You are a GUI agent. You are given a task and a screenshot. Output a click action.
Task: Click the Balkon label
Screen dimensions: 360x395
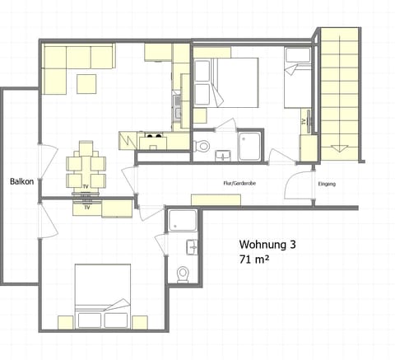21,181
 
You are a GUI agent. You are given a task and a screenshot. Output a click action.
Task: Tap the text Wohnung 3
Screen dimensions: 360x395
267,245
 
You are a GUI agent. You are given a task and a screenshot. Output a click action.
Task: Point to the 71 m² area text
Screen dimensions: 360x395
256,260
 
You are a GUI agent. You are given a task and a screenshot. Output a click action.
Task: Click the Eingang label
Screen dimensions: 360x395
327,184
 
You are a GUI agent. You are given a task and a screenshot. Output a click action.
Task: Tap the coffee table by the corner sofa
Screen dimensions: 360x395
87,83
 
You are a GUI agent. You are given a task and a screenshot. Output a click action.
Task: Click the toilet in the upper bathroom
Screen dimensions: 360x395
202,147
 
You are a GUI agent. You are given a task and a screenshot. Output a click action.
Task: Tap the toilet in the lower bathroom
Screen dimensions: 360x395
184,274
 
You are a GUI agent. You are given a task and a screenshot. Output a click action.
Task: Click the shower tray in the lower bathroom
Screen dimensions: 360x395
180,221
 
